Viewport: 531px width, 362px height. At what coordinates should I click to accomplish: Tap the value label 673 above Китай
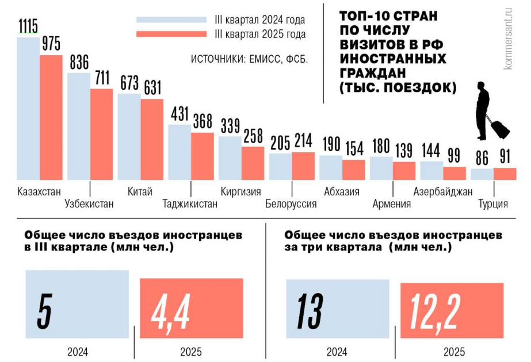pyautogui.click(x=129, y=83)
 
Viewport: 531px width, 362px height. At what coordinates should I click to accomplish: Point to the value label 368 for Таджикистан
pyautogui.click(x=202, y=122)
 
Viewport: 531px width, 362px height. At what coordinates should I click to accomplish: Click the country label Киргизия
pyautogui.click(x=241, y=191)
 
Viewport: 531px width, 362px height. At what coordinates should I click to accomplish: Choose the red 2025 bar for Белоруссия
pyautogui.click(x=303, y=165)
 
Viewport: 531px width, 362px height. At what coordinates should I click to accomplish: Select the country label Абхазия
pyautogui.click(x=342, y=191)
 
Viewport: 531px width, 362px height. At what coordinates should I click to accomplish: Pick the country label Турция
pyautogui.click(x=493, y=203)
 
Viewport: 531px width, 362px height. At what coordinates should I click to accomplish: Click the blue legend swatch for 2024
pyautogui.click(x=171, y=20)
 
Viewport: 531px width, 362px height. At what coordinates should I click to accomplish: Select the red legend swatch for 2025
pyautogui.click(x=171, y=34)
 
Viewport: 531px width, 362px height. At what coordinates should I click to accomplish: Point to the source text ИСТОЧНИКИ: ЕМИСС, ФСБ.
pyautogui.click(x=249, y=59)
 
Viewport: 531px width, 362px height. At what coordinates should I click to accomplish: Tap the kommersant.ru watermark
pyautogui.click(x=508, y=37)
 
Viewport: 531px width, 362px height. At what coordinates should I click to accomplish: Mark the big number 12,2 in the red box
pyautogui.click(x=436, y=314)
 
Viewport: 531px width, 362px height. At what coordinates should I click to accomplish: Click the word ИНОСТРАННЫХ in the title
pyautogui.click(x=393, y=59)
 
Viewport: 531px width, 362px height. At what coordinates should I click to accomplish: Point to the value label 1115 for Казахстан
pyautogui.click(x=28, y=26)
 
